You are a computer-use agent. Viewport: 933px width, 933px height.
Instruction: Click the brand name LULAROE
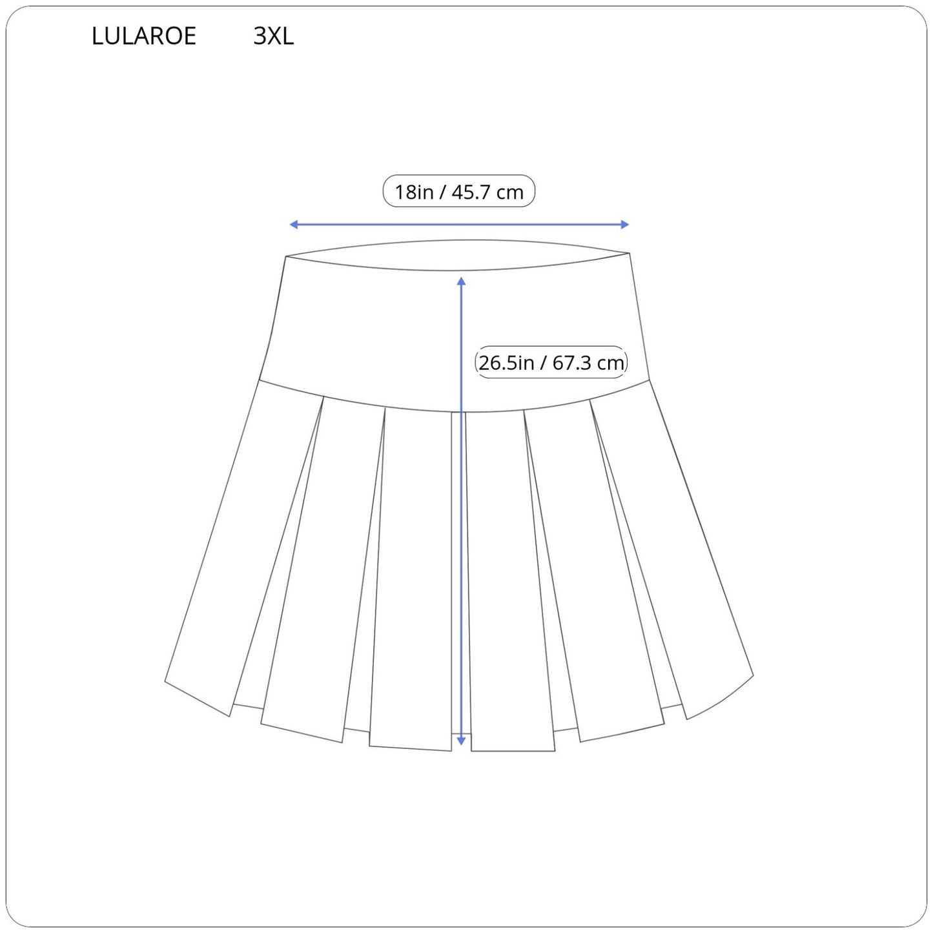144,36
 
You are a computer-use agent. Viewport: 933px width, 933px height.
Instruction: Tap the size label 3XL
274,36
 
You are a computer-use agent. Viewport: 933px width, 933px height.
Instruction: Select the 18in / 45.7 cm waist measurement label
459,191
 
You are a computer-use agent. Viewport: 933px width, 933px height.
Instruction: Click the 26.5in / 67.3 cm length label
551,363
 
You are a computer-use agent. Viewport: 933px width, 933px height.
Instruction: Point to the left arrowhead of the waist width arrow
293,224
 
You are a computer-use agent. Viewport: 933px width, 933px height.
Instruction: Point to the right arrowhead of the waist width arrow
624,224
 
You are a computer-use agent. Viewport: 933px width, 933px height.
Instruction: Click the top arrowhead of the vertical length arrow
462,282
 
